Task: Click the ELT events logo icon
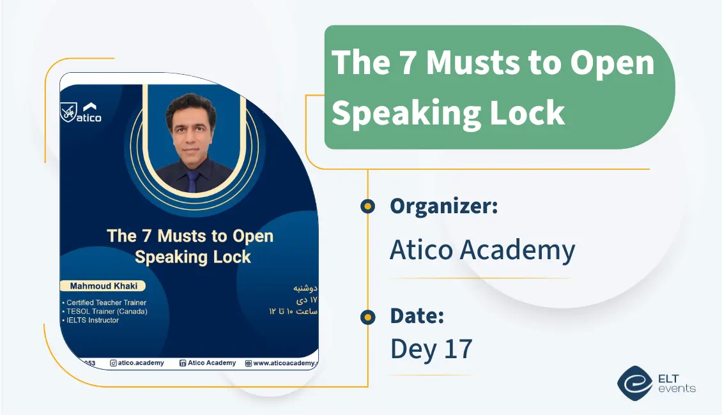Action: coord(634,383)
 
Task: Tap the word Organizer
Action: coord(443,206)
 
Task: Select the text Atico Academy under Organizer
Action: coord(482,250)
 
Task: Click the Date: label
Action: coord(417,315)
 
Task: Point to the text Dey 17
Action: coord(431,349)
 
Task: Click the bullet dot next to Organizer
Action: coord(367,206)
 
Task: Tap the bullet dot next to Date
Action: coord(367,317)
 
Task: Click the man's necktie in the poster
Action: coord(192,179)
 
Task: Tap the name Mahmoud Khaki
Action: coord(102,285)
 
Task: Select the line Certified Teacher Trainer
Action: coord(106,302)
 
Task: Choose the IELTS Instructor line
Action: coord(93,320)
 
